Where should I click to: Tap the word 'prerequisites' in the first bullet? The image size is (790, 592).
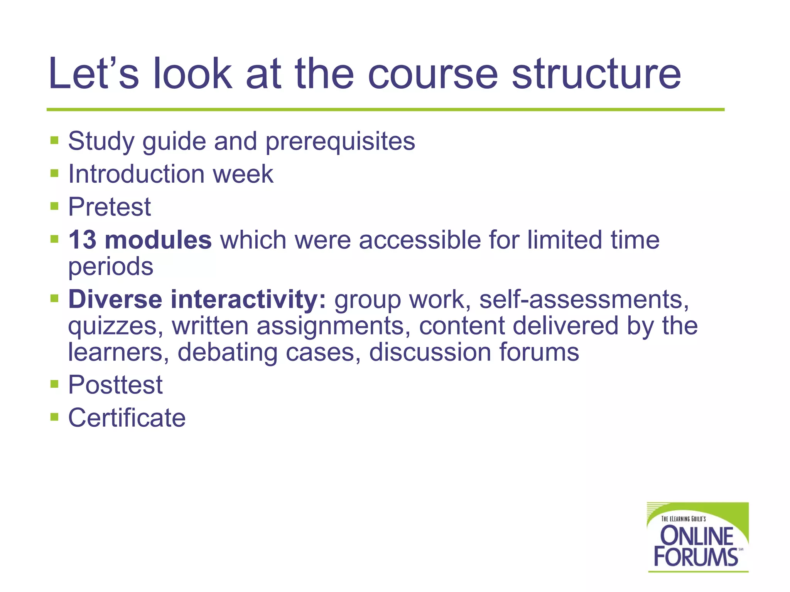click(x=340, y=142)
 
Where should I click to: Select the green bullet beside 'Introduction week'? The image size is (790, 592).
click(x=54, y=173)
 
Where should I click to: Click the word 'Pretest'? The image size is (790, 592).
click(x=110, y=207)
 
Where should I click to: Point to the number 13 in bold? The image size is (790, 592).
click(x=82, y=240)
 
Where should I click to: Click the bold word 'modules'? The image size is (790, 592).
click(x=158, y=240)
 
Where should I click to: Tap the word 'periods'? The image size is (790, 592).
click(x=111, y=267)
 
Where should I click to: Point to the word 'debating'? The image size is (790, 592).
click(x=227, y=352)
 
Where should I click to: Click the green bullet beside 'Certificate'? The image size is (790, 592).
click(x=54, y=417)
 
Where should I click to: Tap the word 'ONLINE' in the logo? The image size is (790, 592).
click(x=697, y=536)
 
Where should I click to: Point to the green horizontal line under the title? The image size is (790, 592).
click(x=386, y=109)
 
